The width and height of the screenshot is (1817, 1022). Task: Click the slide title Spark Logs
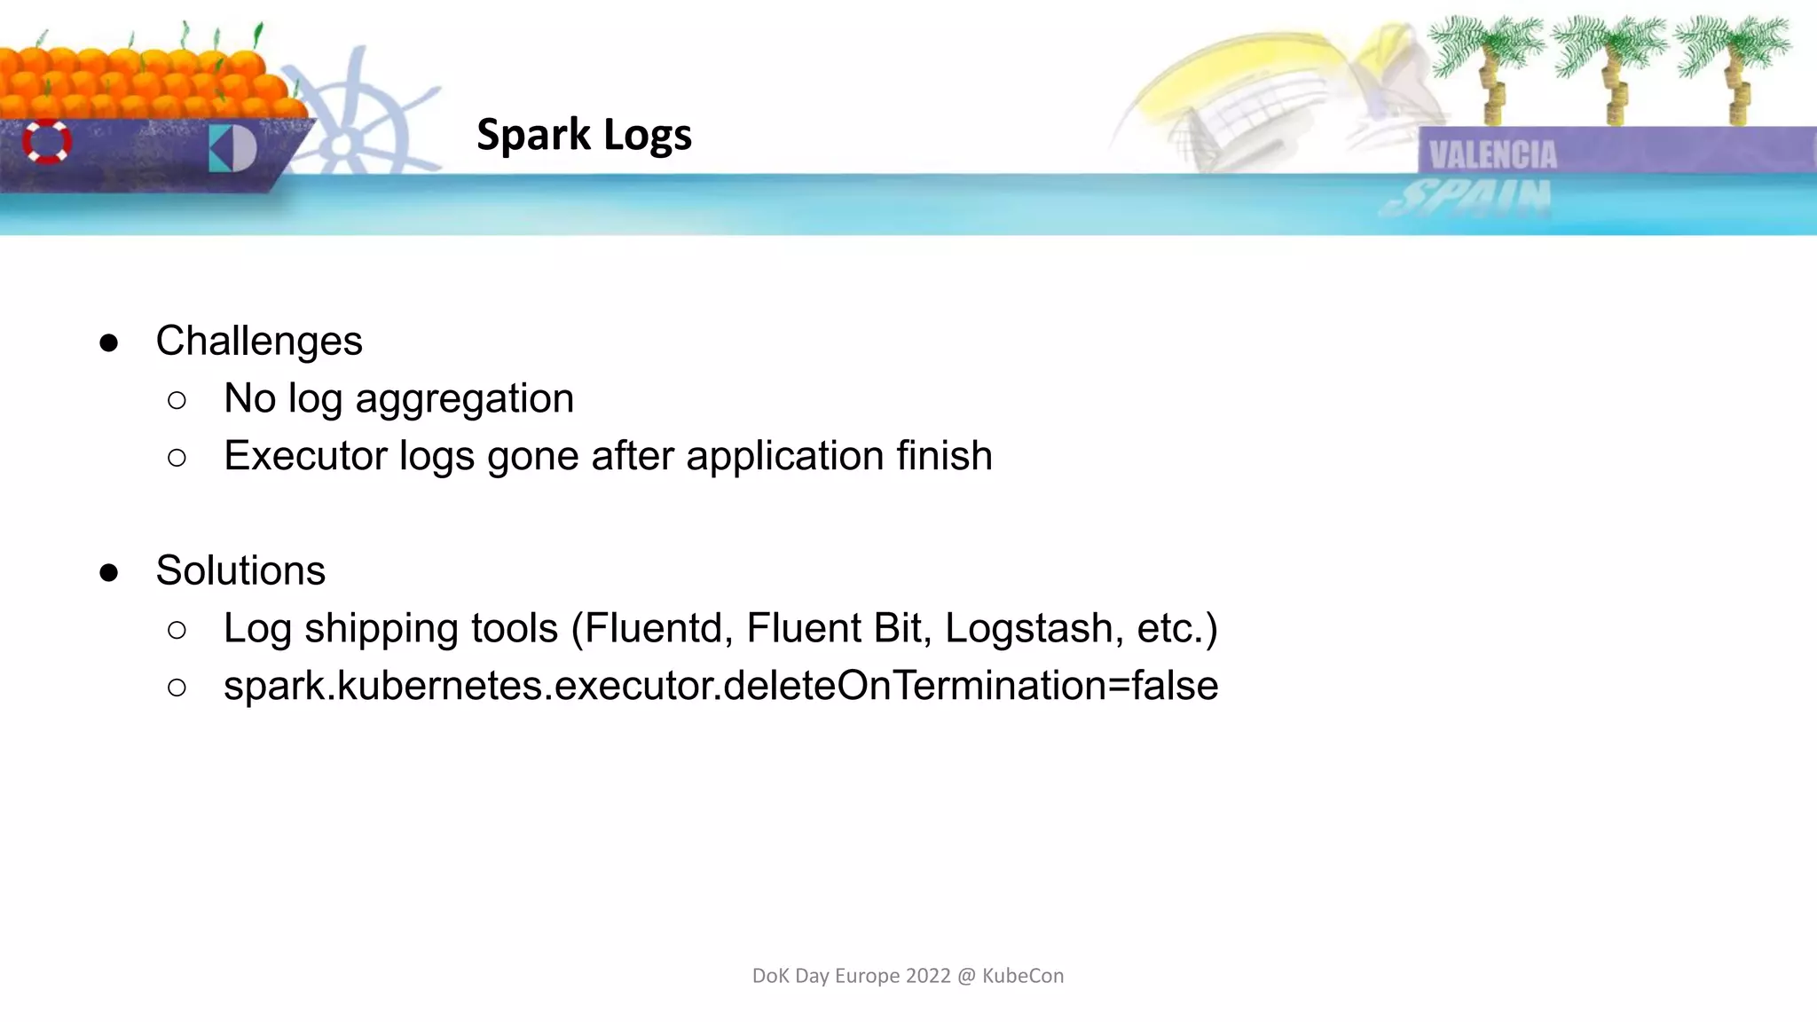[x=584, y=135]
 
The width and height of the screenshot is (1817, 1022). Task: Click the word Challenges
[x=258, y=341]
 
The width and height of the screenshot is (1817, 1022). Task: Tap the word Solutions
[x=240, y=570]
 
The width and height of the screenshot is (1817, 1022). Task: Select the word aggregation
[x=464, y=399]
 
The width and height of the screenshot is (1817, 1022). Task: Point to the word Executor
[x=305, y=456]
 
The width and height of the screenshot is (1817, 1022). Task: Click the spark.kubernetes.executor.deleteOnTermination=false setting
[x=720, y=686]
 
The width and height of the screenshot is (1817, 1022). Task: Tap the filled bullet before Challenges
[x=109, y=343]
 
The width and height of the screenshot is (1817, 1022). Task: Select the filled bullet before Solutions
[x=109, y=573]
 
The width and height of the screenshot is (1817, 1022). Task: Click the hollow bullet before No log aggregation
[x=177, y=401]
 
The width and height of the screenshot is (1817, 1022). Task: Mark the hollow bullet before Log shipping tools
[x=177, y=631]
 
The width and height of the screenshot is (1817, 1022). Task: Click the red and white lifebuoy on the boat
[x=47, y=142]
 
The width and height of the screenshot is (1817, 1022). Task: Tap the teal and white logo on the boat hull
[x=232, y=148]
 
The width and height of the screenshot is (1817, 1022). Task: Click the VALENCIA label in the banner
[x=1492, y=155]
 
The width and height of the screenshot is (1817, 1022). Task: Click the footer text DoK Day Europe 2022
[x=907, y=976]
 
